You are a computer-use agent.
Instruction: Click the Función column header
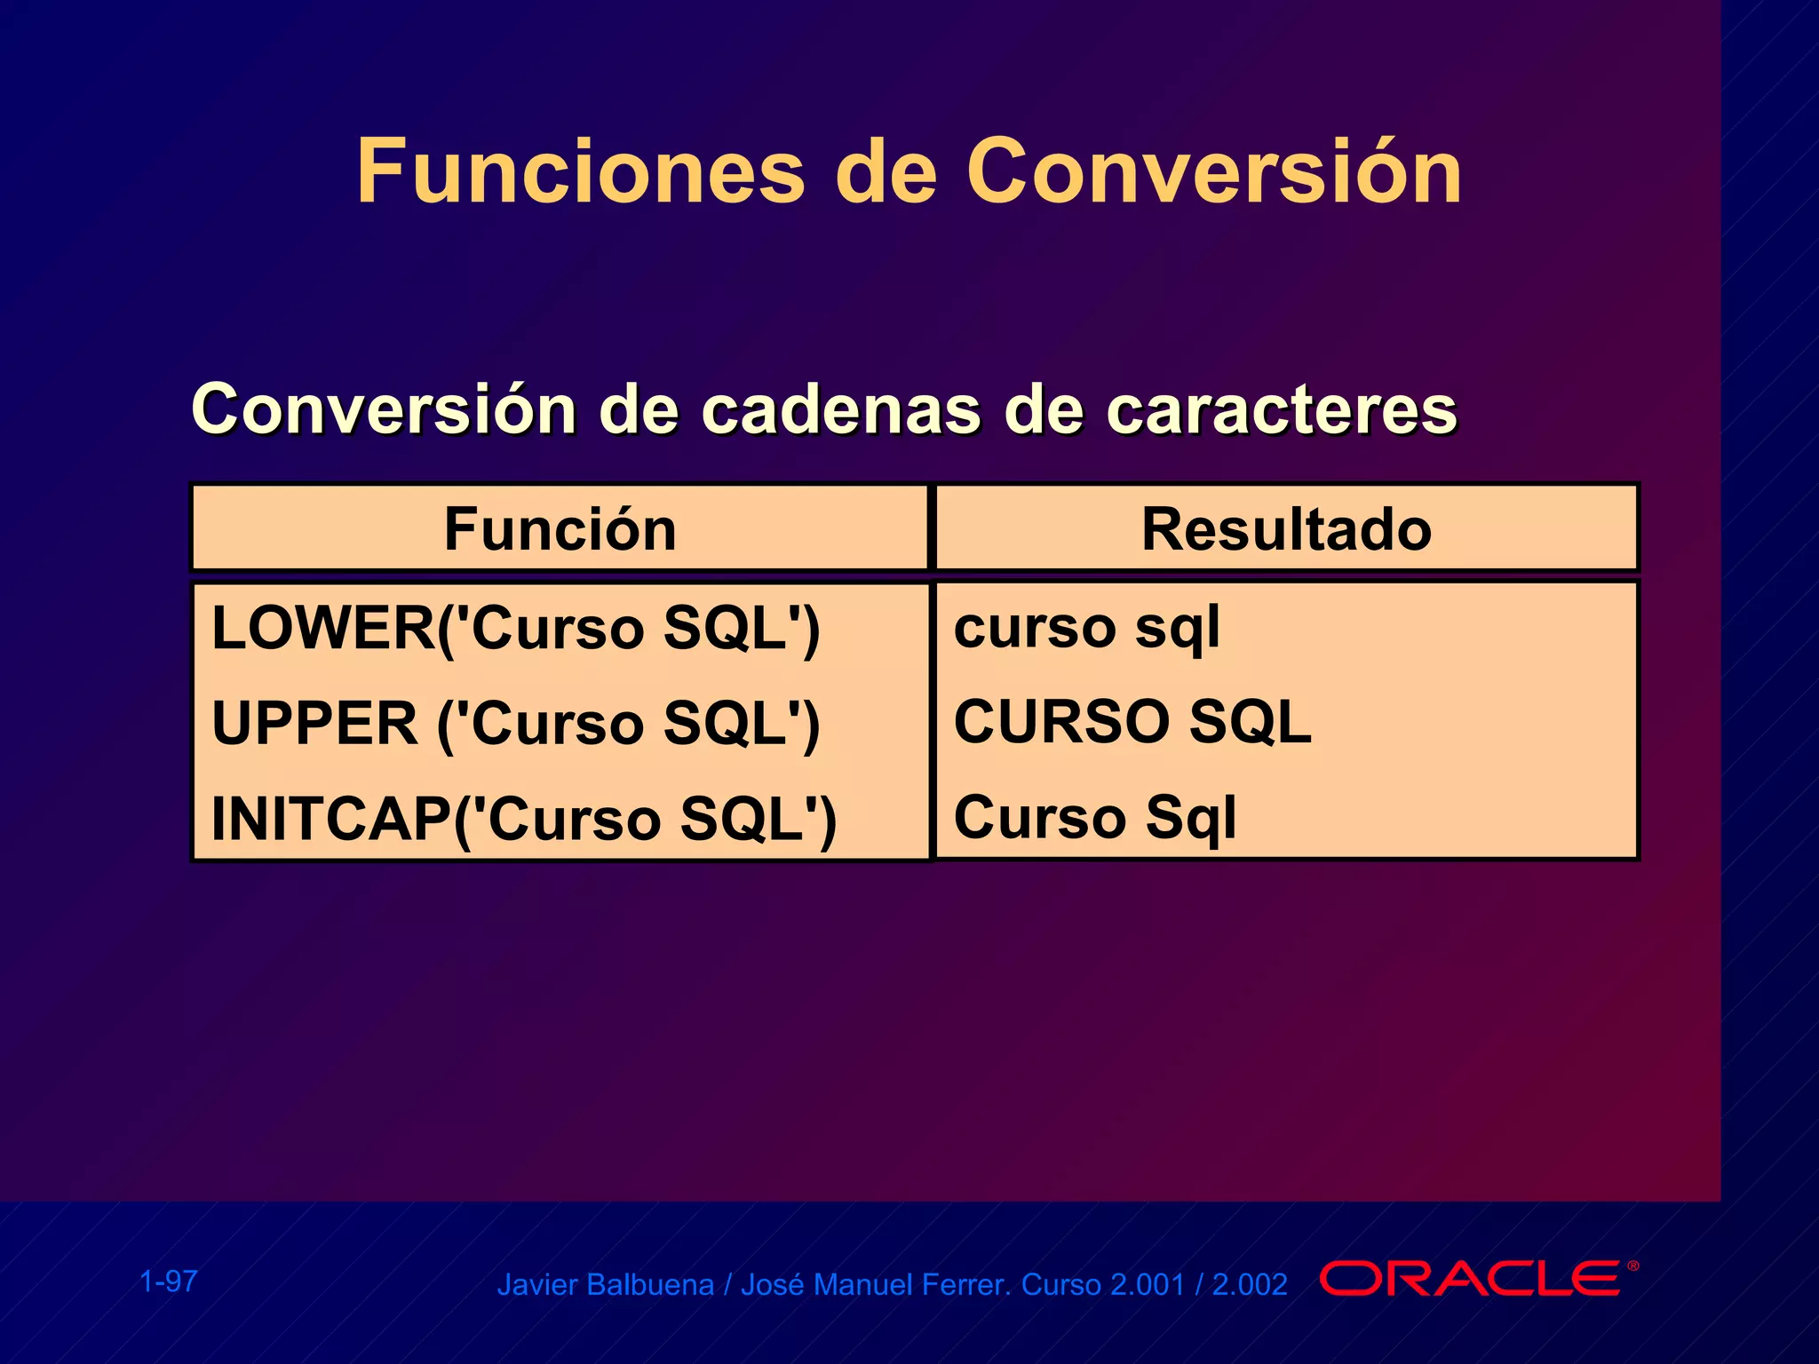[x=560, y=529]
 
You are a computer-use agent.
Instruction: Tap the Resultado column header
[x=1286, y=529]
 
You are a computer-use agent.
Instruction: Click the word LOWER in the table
[x=322, y=628]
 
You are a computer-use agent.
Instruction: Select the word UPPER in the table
[x=314, y=723]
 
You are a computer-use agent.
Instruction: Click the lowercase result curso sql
[x=1086, y=628]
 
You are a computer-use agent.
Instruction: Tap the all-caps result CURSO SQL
[x=1132, y=721]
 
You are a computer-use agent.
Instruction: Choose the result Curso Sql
[x=1094, y=817]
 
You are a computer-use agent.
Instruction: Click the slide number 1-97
[x=169, y=1281]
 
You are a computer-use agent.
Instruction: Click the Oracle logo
[x=1469, y=1279]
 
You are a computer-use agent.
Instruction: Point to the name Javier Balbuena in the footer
[x=605, y=1285]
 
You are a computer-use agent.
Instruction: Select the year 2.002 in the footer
[x=1250, y=1285]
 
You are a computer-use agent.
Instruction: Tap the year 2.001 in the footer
[x=1148, y=1285]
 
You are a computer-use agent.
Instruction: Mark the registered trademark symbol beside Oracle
[x=1632, y=1266]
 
